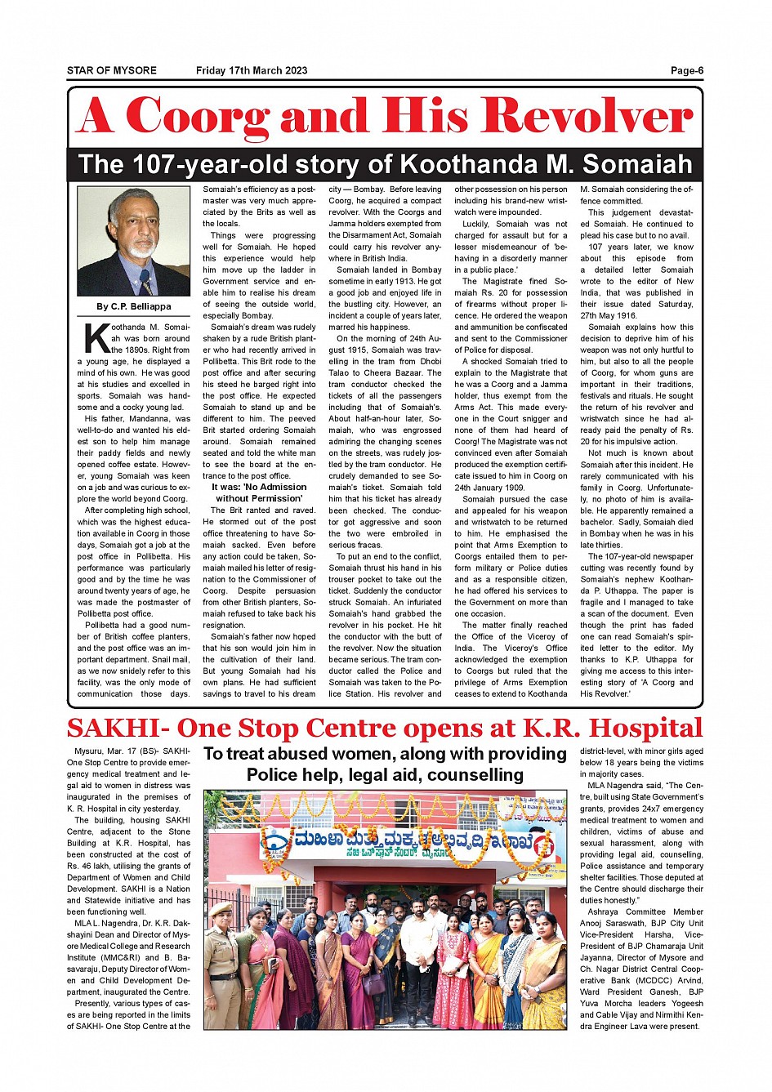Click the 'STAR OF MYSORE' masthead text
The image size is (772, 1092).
tap(112, 70)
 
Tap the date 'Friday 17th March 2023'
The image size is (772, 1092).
tap(252, 70)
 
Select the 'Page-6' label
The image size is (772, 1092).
tap(686, 70)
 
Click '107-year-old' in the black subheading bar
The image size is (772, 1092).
tap(245, 164)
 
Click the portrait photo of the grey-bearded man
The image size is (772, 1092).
tap(133, 241)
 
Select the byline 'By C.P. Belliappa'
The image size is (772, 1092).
tap(134, 306)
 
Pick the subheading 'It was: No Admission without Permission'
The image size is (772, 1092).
tap(259, 493)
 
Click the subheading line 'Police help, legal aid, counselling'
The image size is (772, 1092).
tap(385, 774)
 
